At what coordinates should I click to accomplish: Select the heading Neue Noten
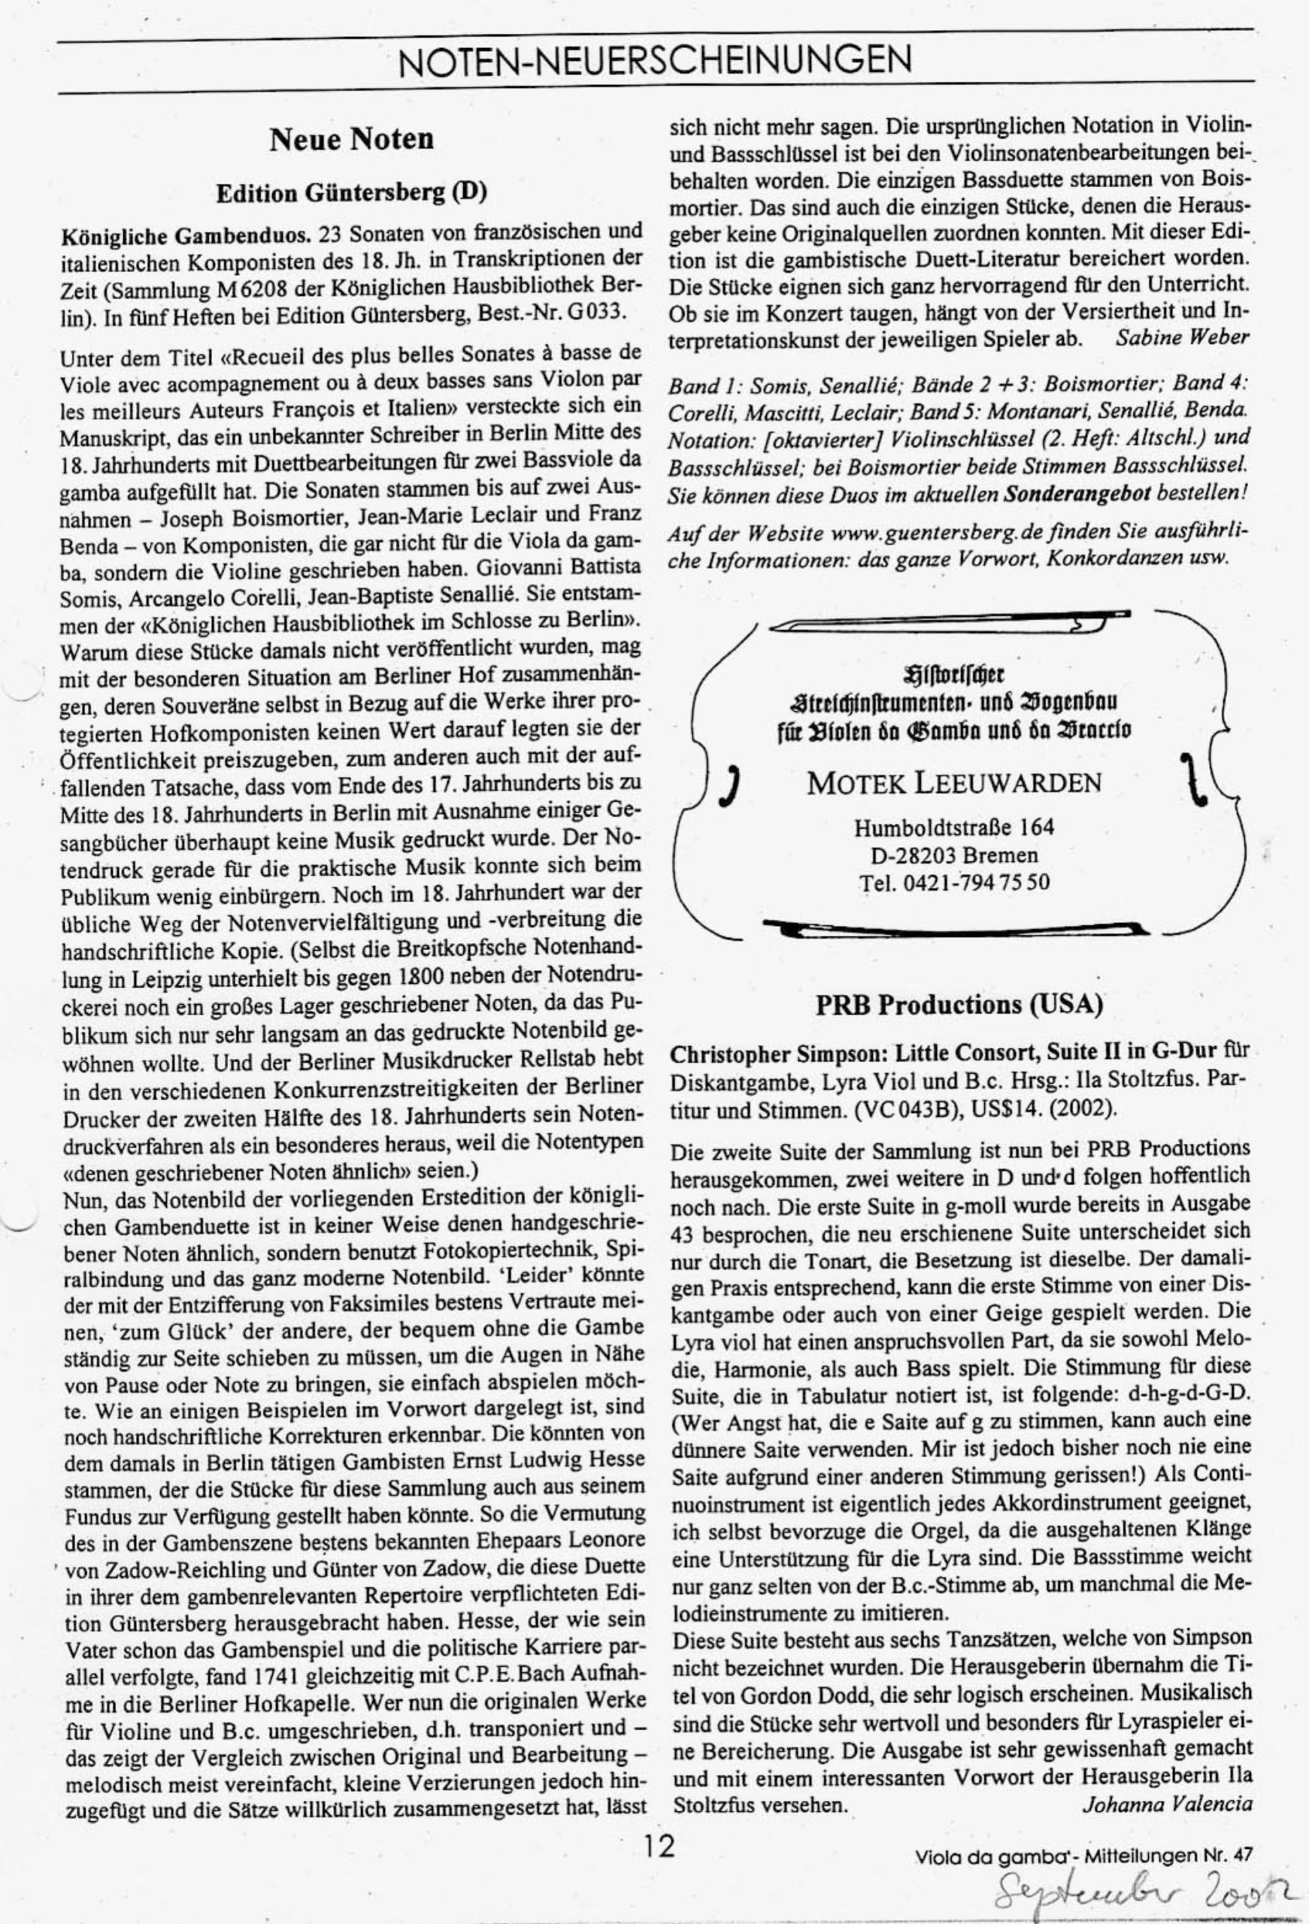point(351,138)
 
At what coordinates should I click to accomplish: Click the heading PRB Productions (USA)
point(959,1004)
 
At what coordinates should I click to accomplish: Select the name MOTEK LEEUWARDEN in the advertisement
point(954,782)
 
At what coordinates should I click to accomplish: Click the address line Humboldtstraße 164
point(954,827)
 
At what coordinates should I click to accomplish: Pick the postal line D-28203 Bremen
point(954,855)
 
